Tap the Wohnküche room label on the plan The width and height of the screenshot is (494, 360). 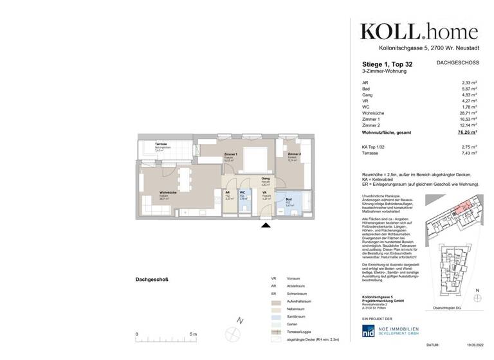pos(169,193)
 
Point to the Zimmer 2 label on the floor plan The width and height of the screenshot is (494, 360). pos(295,154)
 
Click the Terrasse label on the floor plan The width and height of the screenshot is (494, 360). pos(161,144)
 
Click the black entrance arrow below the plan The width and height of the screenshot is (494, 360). pos(264,223)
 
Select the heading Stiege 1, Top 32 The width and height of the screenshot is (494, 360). pos(387,64)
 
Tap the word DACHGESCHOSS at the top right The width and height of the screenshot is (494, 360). pos(458,63)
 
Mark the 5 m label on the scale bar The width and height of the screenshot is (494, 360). pos(194,334)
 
